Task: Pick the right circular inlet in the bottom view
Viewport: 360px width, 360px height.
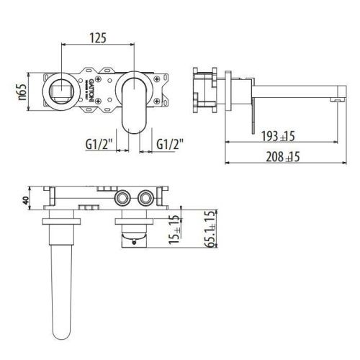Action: (x=148, y=199)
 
